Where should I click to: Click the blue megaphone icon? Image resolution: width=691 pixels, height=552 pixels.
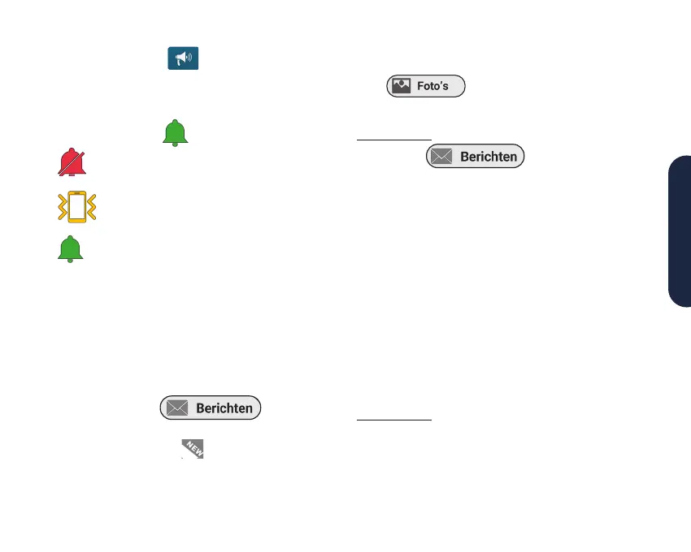(x=183, y=58)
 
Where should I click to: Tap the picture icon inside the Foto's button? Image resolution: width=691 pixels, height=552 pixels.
(x=401, y=87)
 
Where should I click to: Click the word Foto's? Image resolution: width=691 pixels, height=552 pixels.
(x=433, y=87)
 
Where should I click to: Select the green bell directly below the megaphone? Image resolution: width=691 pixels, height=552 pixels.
(x=175, y=132)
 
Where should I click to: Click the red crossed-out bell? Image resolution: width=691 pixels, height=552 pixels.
(x=71, y=162)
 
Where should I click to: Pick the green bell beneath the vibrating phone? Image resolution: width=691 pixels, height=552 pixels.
(x=71, y=248)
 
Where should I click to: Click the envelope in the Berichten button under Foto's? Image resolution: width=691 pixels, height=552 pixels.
(x=441, y=157)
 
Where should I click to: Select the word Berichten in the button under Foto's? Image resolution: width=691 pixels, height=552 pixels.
(x=489, y=157)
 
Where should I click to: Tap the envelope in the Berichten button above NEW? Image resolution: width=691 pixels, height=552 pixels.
(x=177, y=408)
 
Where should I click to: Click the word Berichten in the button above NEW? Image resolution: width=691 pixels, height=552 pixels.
(x=224, y=408)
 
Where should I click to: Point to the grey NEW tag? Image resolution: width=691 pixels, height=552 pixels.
(x=193, y=447)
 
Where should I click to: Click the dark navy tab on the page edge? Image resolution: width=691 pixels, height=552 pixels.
(x=680, y=231)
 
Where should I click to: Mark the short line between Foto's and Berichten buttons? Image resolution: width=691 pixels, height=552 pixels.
(x=394, y=139)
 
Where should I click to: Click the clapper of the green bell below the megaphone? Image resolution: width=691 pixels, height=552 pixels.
(x=175, y=144)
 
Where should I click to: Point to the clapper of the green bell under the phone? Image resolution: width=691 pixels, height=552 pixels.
(x=71, y=260)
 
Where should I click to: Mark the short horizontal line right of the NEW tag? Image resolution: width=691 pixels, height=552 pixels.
(x=394, y=420)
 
